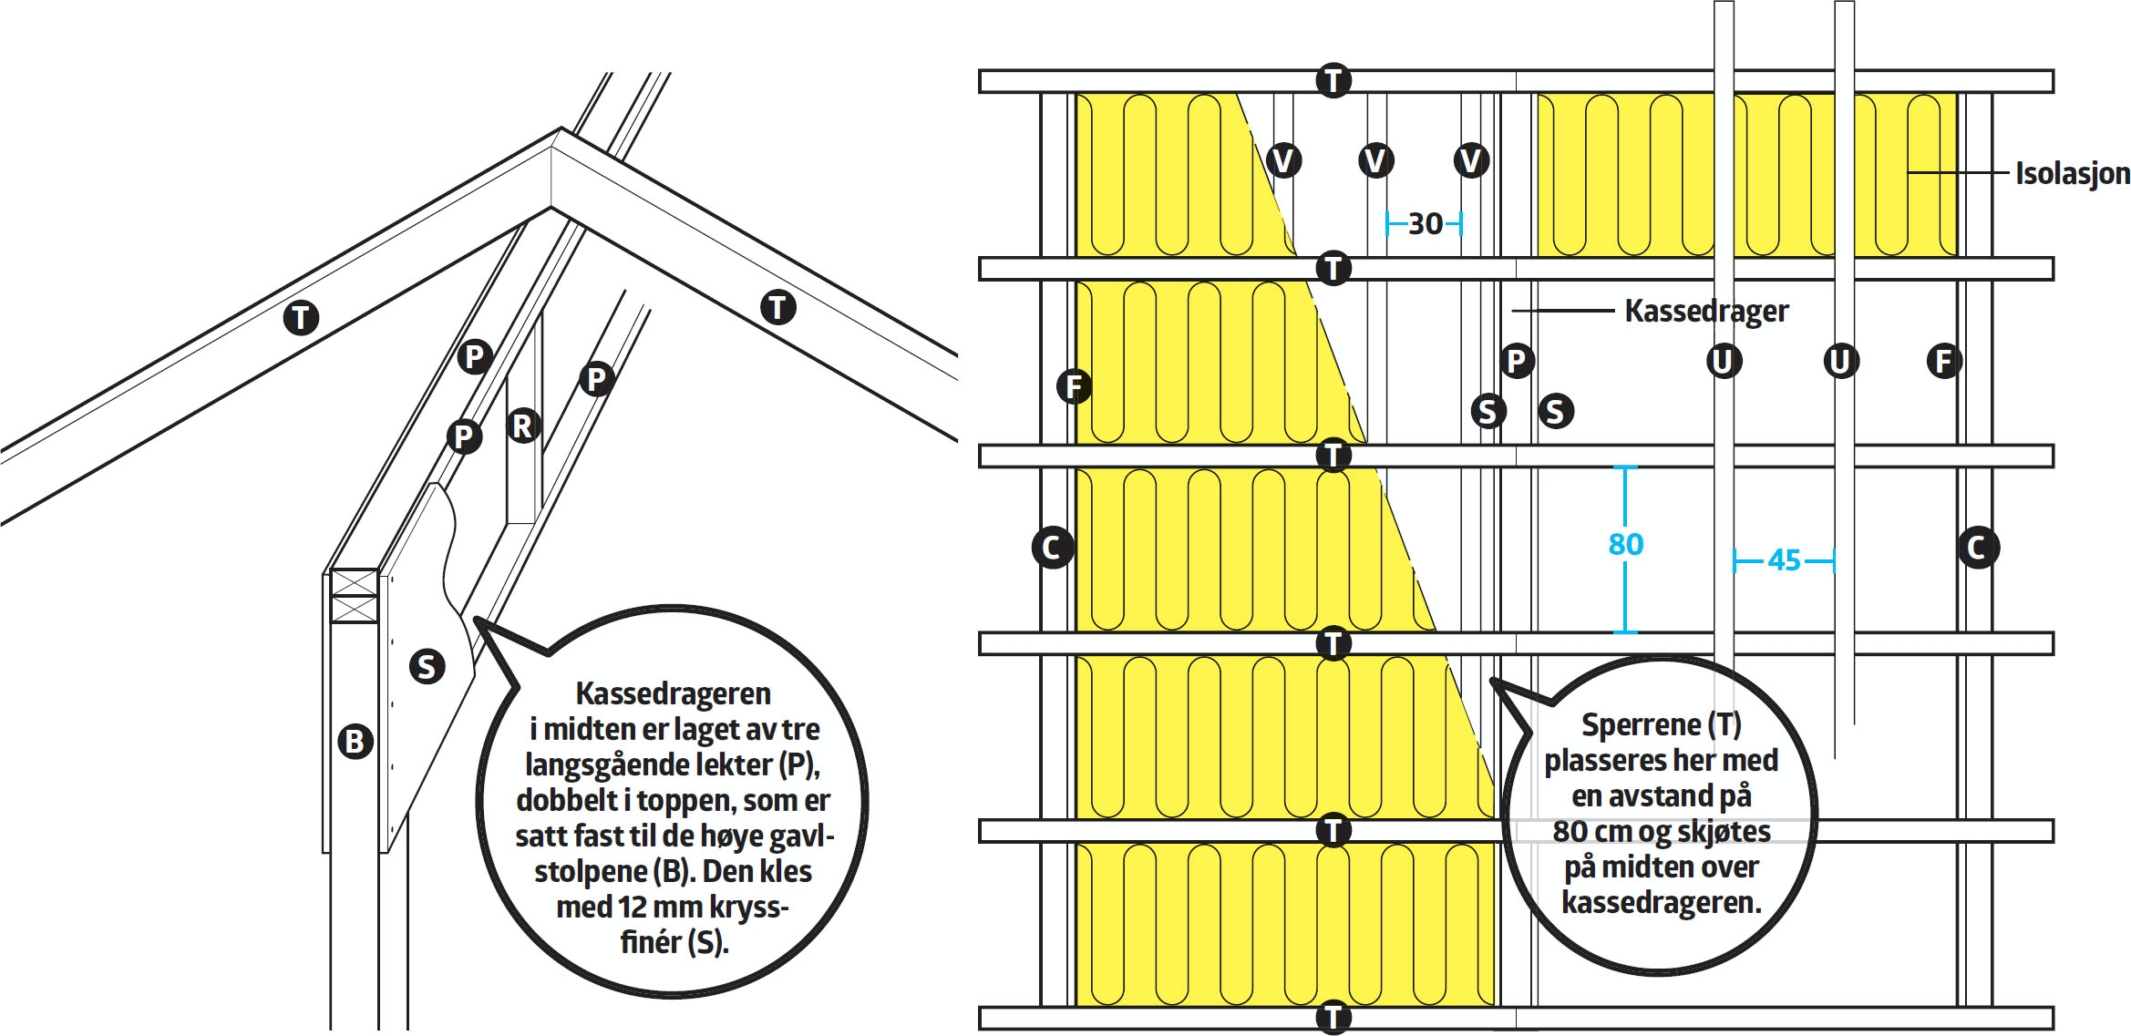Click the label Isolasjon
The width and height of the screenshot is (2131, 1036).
[2072, 173]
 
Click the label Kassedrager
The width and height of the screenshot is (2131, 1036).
[1705, 312]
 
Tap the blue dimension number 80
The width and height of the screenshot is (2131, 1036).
[1626, 544]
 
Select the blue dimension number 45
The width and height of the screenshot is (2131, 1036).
[1784, 559]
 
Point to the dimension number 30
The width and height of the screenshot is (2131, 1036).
[1426, 223]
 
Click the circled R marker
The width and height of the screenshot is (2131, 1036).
[523, 426]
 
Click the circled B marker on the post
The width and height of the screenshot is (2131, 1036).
[355, 741]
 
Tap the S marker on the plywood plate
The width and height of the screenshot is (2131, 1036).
[427, 666]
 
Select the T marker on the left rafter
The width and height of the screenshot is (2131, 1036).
[301, 318]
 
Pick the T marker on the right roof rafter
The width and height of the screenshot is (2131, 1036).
[777, 307]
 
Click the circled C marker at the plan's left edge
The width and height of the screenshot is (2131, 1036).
[1052, 548]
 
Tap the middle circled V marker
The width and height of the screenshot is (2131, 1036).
[1375, 161]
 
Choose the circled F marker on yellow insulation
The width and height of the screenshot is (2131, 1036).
[1075, 386]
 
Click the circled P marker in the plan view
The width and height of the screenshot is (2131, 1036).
[1516, 361]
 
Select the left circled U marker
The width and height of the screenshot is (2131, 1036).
[1723, 361]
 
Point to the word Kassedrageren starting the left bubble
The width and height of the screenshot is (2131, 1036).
[673, 693]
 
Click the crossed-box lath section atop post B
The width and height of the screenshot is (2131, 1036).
[354, 596]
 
